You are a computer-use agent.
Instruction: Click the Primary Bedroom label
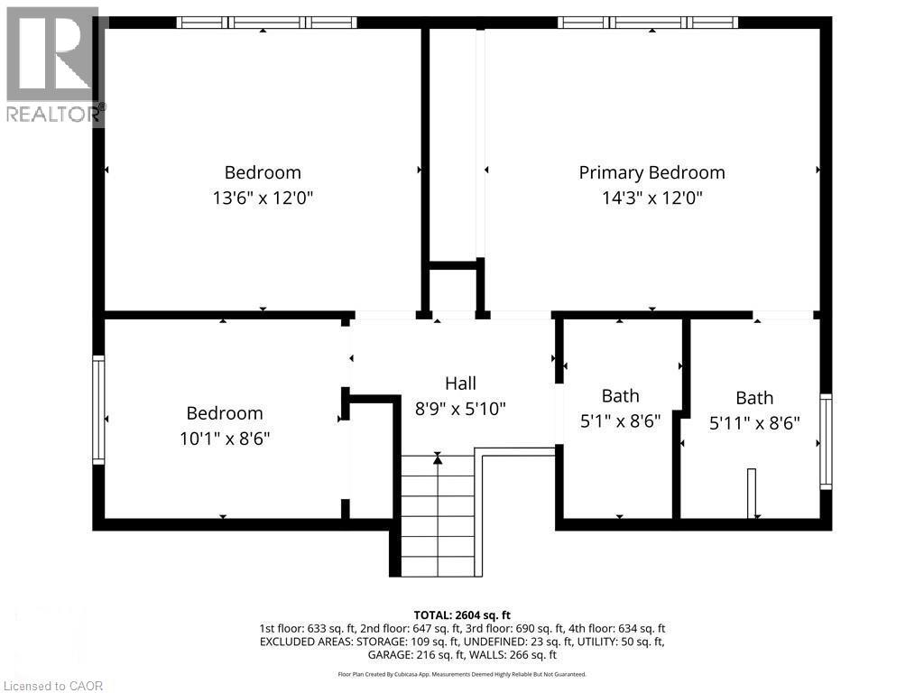click(x=651, y=172)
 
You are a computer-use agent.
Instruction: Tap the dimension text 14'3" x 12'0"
click(x=651, y=198)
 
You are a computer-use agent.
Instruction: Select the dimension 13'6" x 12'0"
click(x=263, y=198)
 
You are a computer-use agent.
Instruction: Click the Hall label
click(x=460, y=383)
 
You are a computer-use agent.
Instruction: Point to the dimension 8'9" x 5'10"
click(x=460, y=408)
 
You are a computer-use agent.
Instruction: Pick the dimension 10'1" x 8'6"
click(x=225, y=439)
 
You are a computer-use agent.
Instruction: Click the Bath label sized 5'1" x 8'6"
click(x=620, y=395)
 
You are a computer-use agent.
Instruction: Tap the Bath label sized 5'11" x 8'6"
click(x=754, y=398)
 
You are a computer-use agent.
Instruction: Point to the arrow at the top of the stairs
click(x=438, y=459)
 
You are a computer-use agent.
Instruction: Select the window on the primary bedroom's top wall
click(x=648, y=23)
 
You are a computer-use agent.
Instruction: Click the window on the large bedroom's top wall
click(x=266, y=23)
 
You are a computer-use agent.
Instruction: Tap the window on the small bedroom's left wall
click(x=98, y=410)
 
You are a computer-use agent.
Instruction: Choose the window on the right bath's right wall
click(x=825, y=442)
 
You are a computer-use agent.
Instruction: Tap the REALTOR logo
click(x=54, y=63)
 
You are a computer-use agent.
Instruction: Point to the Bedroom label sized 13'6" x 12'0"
click(x=263, y=172)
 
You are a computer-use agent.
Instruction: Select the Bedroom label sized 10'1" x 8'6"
click(x=225, y=413)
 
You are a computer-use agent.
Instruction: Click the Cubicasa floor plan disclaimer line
click(x=461, y=674)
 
